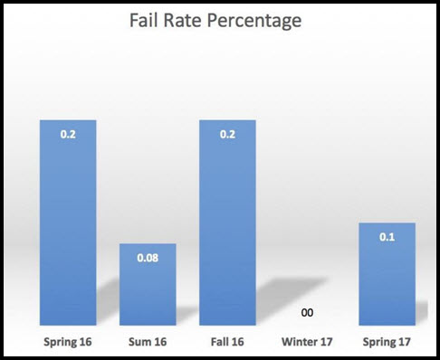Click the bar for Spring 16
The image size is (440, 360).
(67, 226)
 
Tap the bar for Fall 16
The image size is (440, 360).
(227, 226)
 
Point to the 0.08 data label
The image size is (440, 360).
(148, 258)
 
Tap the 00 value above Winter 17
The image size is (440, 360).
(308, 313)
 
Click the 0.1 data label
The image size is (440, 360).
(387, 236)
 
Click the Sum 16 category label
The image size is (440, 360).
(148, 343)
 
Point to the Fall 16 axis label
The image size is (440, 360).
(227, 343)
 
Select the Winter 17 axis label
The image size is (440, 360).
(308, 343)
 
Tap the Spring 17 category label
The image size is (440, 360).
(387, 343)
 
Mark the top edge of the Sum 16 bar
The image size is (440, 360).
(148, 244)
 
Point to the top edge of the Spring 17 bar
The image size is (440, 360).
(387, 223)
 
